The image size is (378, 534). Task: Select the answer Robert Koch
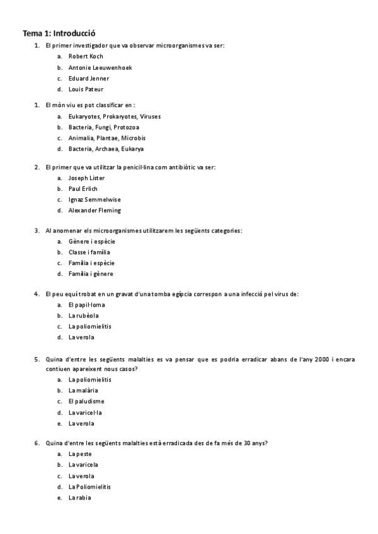[x=86, y=56]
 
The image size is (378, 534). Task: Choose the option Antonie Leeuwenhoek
[x=100, y=67]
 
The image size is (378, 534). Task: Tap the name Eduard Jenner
[x=89, y=78]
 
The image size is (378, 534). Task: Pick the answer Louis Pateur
[x=86, y=89]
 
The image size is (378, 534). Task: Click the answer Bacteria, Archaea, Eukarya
[x=106, y=149]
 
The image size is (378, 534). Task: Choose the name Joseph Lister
[x=87, y=178]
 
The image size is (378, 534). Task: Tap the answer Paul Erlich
[x=83, y=188]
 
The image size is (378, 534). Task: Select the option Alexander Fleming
[x=94, y=210]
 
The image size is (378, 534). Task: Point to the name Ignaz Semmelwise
[x=94, y=200]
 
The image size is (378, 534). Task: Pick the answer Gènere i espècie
[x=92, y=241]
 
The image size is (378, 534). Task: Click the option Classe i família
[x=89, y=252]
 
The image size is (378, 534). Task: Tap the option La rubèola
[x=84, y=315]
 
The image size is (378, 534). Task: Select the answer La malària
[x=83, y=390]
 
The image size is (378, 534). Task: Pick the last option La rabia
[x=80, y=497]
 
